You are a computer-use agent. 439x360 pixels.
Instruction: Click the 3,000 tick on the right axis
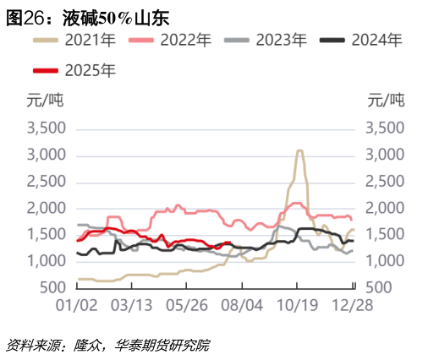coord(386,155)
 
